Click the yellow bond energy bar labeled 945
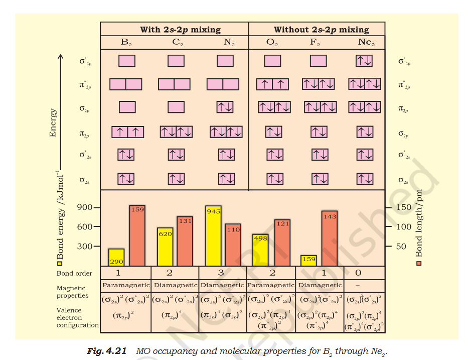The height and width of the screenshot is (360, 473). (213, 235)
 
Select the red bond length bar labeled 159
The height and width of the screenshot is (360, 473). (137, 235)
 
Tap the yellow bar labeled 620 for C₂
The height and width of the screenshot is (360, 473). (165, 247)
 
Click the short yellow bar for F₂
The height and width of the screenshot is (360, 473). (308, 260)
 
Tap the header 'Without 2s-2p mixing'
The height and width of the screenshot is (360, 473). (321, 29)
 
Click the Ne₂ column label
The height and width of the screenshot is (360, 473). (366, 43)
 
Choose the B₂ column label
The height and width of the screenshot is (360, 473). (126, 43)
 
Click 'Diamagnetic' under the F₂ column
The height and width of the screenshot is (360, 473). (320, 285)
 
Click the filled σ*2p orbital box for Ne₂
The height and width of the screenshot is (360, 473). (364, 61)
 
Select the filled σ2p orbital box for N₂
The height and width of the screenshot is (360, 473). (225, 107)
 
